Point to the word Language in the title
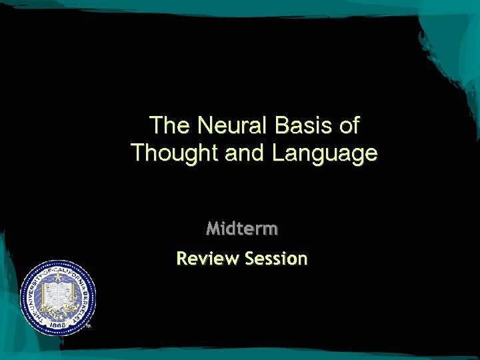point(325,153)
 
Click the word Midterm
point(242,229)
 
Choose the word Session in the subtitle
point(276,258)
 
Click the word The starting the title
point(168,125)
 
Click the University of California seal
point(59,297)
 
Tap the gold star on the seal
point(58,275)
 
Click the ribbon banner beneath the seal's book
point(59,310)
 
